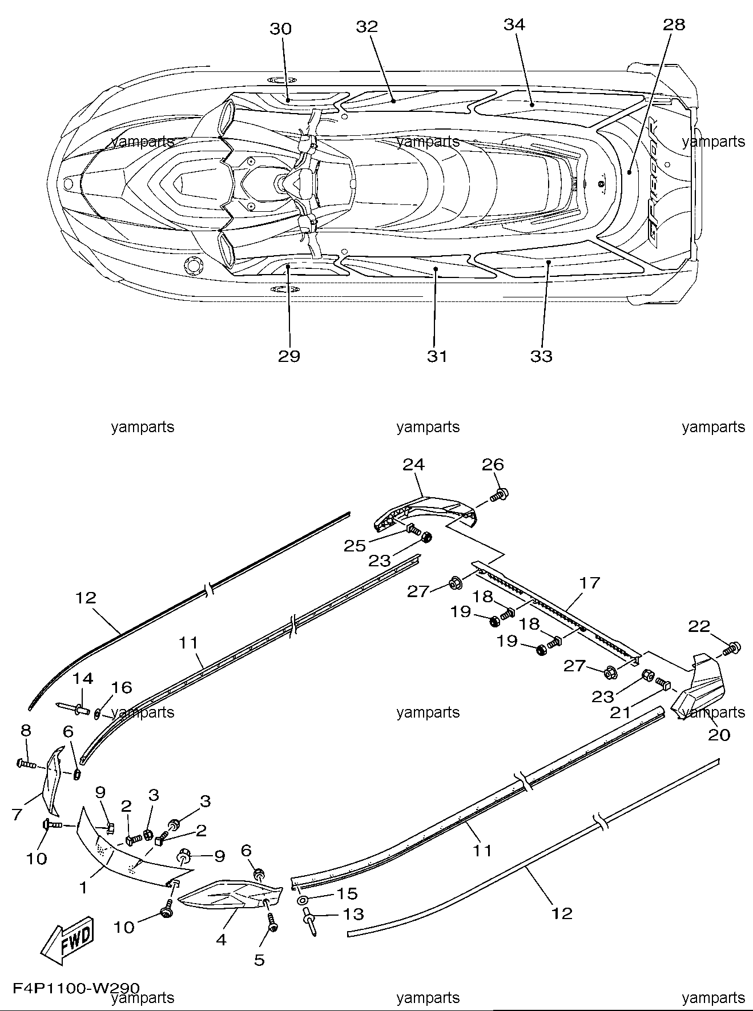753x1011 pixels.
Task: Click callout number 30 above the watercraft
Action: (280, 29)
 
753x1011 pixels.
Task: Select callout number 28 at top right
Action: (674, 25)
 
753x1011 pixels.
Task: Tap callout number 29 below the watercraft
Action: (289, 356)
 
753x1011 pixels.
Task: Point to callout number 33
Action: (541, 356)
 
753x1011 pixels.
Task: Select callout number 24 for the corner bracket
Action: (414, 465)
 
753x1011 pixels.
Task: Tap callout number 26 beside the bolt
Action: (493, 465)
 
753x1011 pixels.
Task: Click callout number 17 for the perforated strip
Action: (590, 583)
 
